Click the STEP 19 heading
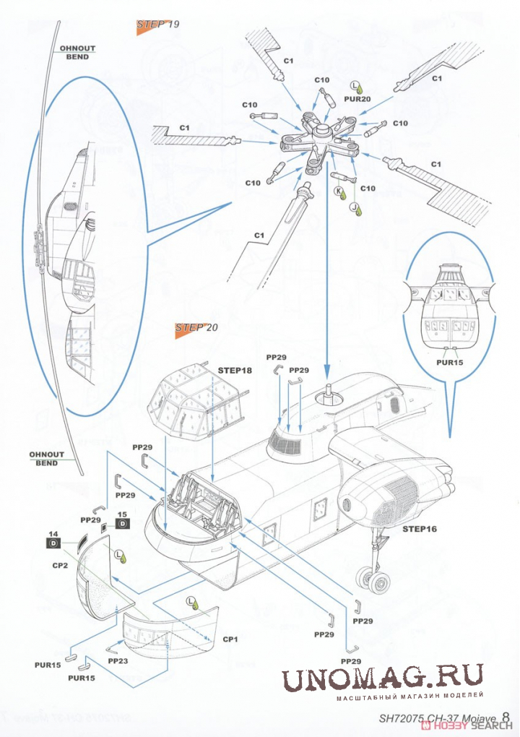point(157,25)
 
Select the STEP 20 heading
point(196,327)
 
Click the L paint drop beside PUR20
point(356,85)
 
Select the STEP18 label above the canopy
point(234,370)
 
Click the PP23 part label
point(118,660)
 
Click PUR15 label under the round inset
point(449,362)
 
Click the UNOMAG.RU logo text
point(382,679)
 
